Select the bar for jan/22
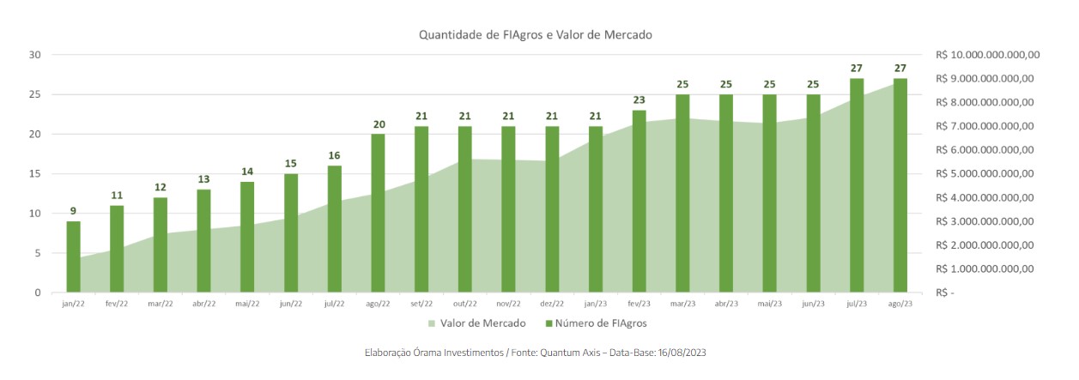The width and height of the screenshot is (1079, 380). point(74,256)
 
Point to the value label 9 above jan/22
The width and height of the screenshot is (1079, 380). point(74,211)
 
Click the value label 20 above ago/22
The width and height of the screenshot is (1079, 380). point(379,124)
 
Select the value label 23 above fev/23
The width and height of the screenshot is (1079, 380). point(640,100)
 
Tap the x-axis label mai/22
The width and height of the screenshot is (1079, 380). point(248,304)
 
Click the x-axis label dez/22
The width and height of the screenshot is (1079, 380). point(553,304)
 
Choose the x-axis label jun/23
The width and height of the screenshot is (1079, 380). point(814,304)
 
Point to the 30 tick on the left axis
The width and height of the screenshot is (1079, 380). point(35,55)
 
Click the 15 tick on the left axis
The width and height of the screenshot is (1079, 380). point(35,174)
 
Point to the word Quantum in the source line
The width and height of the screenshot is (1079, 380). point(561,353)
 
